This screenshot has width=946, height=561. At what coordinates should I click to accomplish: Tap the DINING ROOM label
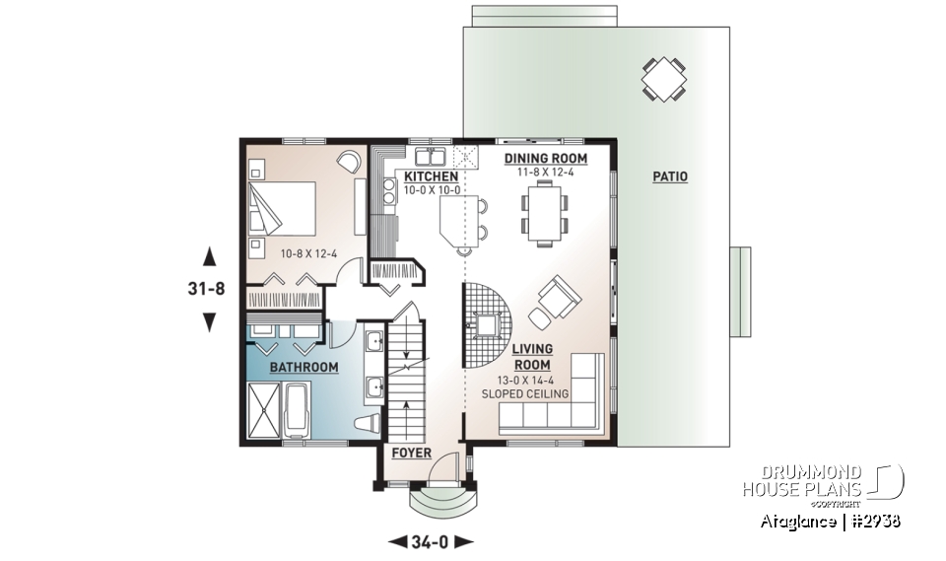(x=545, y=158)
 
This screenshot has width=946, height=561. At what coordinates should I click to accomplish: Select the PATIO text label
(x=670, y=177)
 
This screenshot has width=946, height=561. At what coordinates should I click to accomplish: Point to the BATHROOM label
(x=305, y=368)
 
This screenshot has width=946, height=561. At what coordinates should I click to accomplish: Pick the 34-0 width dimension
(x=432, y=541)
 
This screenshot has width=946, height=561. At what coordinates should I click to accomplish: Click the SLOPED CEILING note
(x=525, y=394)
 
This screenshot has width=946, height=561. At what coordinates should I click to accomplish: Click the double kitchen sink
(x=430, y=156)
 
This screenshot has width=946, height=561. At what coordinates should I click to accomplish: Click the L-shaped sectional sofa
(x=562, y=404)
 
